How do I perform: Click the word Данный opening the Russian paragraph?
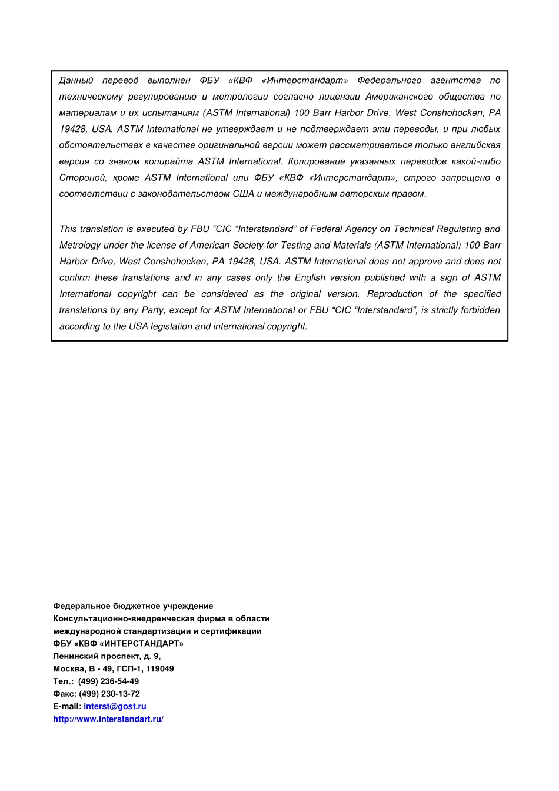(x=76, y=80)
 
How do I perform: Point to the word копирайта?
(x=168, y=161)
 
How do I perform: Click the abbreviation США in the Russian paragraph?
(x=243, y=194)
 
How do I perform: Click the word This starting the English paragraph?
(x=68, y=229)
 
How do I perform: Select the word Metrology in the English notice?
(x=79, y=245)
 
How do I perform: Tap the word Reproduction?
(x=395, y=294)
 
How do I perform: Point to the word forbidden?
(x=481, y=310)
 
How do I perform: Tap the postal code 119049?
(x=160, y=668)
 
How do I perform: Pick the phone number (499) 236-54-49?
(x=109, y=681)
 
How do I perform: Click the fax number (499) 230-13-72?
(x=109, y=694)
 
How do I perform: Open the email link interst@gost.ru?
(x=115, y=706)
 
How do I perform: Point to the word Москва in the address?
(x=69, y=668)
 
